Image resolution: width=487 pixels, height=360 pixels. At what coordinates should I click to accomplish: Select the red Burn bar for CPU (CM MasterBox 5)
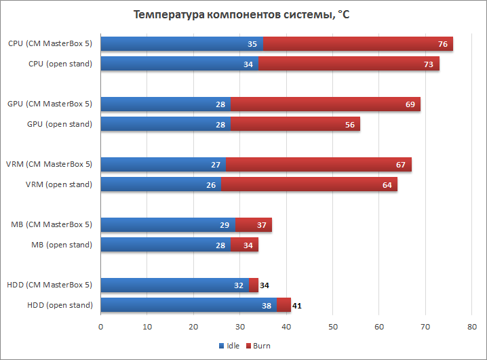click(357, 44)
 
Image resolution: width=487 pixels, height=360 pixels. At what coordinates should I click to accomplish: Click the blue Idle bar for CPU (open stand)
click(179, 64)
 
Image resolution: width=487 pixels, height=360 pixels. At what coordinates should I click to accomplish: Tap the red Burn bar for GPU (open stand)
click(295, 124)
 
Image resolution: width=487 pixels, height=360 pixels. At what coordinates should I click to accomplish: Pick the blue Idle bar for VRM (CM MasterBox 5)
click(163, 164)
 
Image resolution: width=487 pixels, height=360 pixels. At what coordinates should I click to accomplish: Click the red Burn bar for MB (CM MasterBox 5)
click(254, 224)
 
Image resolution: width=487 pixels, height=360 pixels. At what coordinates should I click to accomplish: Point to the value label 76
click(442, 44)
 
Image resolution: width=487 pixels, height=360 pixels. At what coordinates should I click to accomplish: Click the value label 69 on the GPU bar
click(410, 104)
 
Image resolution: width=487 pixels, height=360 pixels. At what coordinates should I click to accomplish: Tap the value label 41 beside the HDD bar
click(297, 306)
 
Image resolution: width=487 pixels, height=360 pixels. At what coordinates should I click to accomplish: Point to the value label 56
click(349, 124)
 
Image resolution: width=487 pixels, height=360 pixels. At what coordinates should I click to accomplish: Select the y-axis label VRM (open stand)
click(58, 184)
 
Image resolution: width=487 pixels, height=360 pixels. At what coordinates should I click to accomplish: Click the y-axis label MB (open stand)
click(61, 245)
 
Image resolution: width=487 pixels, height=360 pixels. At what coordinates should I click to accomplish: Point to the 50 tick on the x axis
click(332, 327)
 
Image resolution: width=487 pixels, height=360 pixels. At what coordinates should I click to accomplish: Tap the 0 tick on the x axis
click(100, 327)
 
